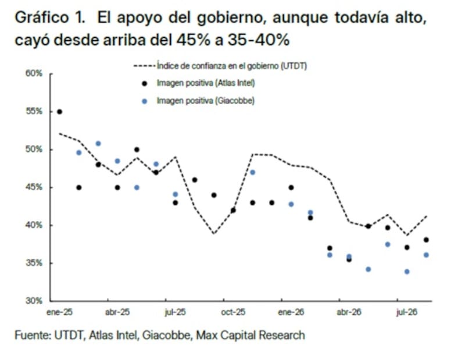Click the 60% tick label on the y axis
click(x=34, y=73)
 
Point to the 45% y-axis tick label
click(x=34, y=187)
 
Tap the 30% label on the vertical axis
click(x=34, y=301)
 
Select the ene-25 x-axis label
click(x=60, y=312)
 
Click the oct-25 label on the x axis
click(x=233, y=312)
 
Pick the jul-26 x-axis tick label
click(x=407, y=312)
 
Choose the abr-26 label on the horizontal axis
click(x=349, y=312)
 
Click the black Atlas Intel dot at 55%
click(x=59, y=112)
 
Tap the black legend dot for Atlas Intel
click(x=144, y=83)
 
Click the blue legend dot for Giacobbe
click(x=144, y=101)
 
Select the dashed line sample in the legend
click(x=144, y=66)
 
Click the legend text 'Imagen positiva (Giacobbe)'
click(x=206, y=101)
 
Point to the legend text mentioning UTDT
click(x=231, y=66)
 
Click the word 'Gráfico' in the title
click(x=41, y=18)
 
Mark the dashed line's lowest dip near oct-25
click(x=214, y=234)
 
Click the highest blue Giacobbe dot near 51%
click(x=98, y=144)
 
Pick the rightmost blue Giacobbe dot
click(x=426, y=255)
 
